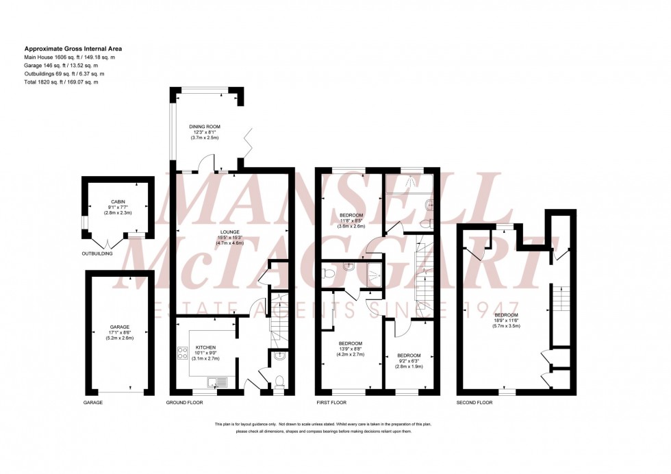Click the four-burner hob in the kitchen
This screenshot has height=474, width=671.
183,354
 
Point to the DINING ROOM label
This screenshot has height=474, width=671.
205,127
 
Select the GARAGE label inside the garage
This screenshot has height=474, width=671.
120,327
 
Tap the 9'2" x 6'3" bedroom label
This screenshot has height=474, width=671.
409,356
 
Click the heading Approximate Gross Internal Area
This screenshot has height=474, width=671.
73,49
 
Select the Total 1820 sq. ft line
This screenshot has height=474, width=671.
61,82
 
